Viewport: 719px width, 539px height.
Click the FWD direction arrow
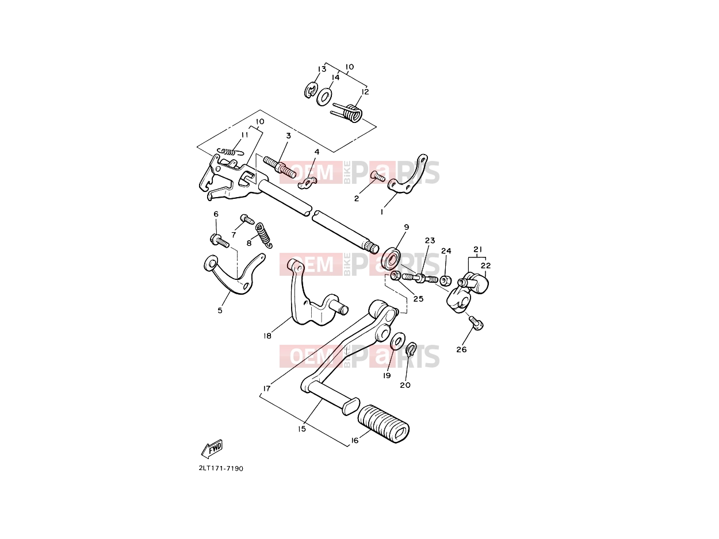pyautogui.click(x=212, y=448)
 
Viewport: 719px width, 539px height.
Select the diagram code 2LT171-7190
pyautogui.click(x=221, y=469)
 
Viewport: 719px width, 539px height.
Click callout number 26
pyautogui.click(x=461, y=349)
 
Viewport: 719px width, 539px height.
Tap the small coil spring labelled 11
pyautogui.click(x=231, y=152)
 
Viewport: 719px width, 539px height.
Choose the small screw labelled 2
pyautogui.click(x=378, y=176)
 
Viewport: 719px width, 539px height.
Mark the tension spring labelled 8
pyautogui.click(x=263, y=235)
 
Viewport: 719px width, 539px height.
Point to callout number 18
pyautogui.click(x=267, y=336)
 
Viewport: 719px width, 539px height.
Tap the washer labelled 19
pyautogui.click(x=397, y=341)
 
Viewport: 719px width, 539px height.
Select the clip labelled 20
pyautogui.click(x=411, y=349)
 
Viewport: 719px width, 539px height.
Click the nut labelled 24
pyautogui.click(x=445, y=280)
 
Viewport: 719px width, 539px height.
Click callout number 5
pyautogui.click(x=220, y=310)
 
